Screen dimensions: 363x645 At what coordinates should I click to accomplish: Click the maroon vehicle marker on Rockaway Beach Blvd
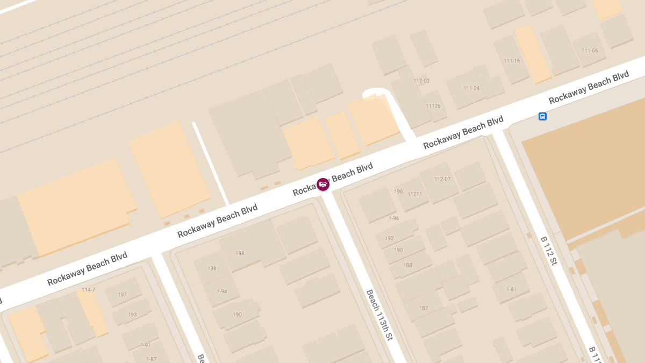coord(323,184)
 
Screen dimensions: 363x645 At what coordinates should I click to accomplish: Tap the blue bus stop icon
coord(542,116)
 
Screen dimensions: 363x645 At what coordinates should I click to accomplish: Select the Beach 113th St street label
coord(379,315)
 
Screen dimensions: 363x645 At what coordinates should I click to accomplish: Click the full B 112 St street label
coord(549,251)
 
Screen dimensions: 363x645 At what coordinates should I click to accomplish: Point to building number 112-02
coord(421,81)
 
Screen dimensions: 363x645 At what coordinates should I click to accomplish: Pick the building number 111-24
coord(471,88)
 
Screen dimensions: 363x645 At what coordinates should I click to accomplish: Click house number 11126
coord(433,106)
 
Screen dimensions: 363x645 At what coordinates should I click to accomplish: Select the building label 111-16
coord(511,61)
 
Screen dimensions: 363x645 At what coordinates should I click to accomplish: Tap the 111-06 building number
coord(590,51)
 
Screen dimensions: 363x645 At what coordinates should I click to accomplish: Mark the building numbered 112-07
coord(442,179)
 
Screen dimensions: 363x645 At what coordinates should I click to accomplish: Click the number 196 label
coord(398,191)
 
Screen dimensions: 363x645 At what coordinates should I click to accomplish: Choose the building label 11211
coord(415,194)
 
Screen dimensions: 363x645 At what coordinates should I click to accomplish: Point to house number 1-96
coord(394,218)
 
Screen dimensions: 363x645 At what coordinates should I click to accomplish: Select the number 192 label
coord(389,238)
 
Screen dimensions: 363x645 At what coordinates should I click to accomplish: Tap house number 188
coord(408,265)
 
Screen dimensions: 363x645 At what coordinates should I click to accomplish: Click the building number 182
coord(424,308)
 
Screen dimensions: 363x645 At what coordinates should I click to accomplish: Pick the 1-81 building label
coord(511,289)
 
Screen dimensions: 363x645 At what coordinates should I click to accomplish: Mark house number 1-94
coord(222,291)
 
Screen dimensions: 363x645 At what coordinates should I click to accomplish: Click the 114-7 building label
coord(88,290)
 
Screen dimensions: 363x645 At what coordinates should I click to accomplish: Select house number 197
coord(122,295)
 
